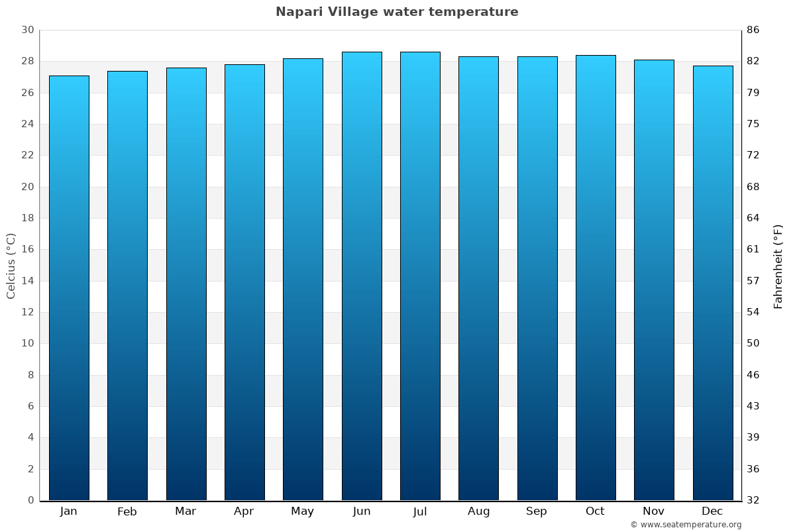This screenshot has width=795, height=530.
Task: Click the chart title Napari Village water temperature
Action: (397, 12)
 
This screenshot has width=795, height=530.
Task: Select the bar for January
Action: (69, 288)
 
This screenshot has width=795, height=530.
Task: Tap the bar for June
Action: (362, 276)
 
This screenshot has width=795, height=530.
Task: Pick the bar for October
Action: (596, 278)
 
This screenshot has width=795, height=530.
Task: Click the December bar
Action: (713, 283)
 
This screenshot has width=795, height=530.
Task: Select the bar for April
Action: (244, 282)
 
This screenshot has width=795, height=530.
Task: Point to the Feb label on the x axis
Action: (127, 511)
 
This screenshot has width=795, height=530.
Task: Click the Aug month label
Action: (478, 511)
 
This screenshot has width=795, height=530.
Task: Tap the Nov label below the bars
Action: (654, 511)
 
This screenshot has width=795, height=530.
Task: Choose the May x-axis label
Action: (303, 511)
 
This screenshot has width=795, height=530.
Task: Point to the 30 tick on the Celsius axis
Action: (27, 30)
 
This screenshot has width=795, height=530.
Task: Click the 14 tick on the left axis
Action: (27, 281)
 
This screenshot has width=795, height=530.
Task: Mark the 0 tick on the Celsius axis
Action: (30, 500)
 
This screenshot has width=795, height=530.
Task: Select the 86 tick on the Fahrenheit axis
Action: (753, 30)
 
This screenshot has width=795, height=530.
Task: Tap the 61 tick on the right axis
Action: (753, 250)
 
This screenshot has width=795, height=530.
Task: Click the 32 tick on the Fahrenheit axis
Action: (753, 500)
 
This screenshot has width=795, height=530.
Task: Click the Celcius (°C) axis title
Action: (11, 266)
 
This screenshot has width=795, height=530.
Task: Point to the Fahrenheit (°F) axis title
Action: (778, 266)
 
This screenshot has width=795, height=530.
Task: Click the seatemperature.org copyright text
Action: (686, 525)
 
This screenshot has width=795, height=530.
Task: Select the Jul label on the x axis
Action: (420, 511)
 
